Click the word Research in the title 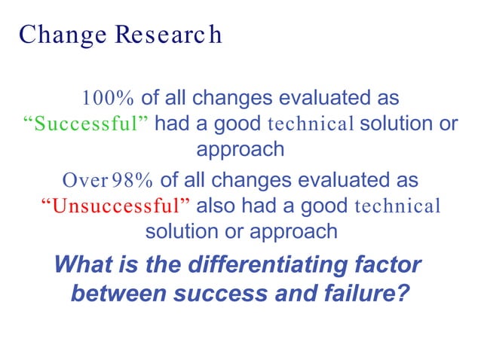point(165,35)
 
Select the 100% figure point(108,98)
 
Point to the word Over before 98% point(84,181)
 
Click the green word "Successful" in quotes point(84,124)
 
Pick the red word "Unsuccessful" point(115,206)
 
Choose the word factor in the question point(388,265)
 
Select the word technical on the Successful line point(311,124)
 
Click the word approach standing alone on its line point(240,149)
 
